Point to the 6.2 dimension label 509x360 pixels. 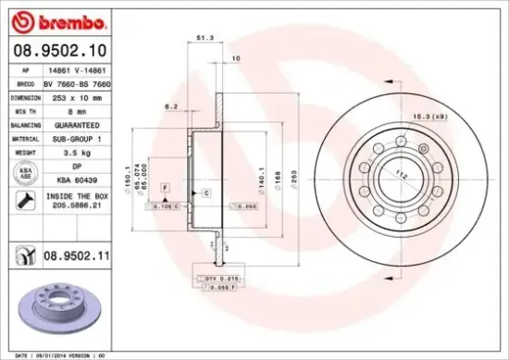[171, 107]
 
